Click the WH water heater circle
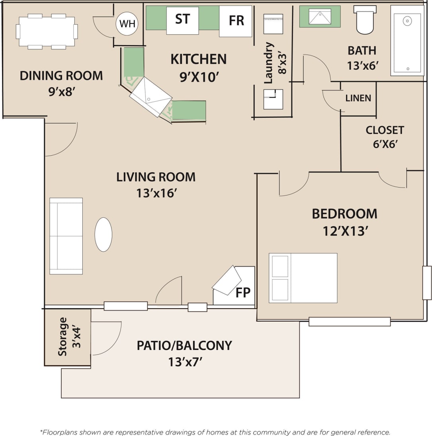point(127,23)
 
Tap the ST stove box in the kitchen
point(182,20)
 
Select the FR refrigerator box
point(236,21)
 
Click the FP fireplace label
point(243,293)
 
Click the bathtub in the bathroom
point(407,41)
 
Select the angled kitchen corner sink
point(151,97)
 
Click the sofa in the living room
point(66,236)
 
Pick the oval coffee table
point(103,235)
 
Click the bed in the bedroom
point(303,278)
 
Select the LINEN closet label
point(358,98)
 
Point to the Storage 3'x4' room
point(68,337)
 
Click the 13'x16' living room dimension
point(156,193)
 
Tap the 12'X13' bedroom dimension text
point(344,231)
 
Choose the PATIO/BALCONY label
point(184,345)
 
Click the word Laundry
point(269,63)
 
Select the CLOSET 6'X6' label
point(385,137)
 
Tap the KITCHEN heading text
point(198,59)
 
